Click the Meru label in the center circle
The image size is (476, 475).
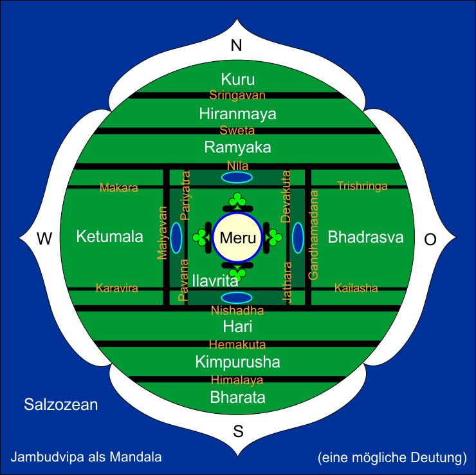[237, 237]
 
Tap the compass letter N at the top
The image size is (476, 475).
[237, 46]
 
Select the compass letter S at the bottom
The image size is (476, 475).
[237, 431]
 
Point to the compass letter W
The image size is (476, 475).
[44, 239]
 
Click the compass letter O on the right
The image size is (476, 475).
[430, 239]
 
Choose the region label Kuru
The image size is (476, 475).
[237, 80]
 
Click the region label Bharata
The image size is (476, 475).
[237, 397]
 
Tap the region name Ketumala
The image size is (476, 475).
[109, 237]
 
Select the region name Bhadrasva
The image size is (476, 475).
[365, 237]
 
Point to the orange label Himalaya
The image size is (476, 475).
[237, 380]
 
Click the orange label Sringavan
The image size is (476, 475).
[237, 95]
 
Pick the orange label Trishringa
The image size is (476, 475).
[362, 187]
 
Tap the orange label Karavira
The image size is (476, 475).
[117, 288]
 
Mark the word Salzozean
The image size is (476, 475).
[61, 405]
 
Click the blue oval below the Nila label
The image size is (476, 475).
[237, 177]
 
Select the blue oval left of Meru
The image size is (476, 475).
[176, 237]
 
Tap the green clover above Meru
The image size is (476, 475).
[237, 201]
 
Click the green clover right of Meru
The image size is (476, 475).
[274, 237]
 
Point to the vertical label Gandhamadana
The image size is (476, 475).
[314, 234]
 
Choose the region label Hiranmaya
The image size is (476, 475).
[237, 114]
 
